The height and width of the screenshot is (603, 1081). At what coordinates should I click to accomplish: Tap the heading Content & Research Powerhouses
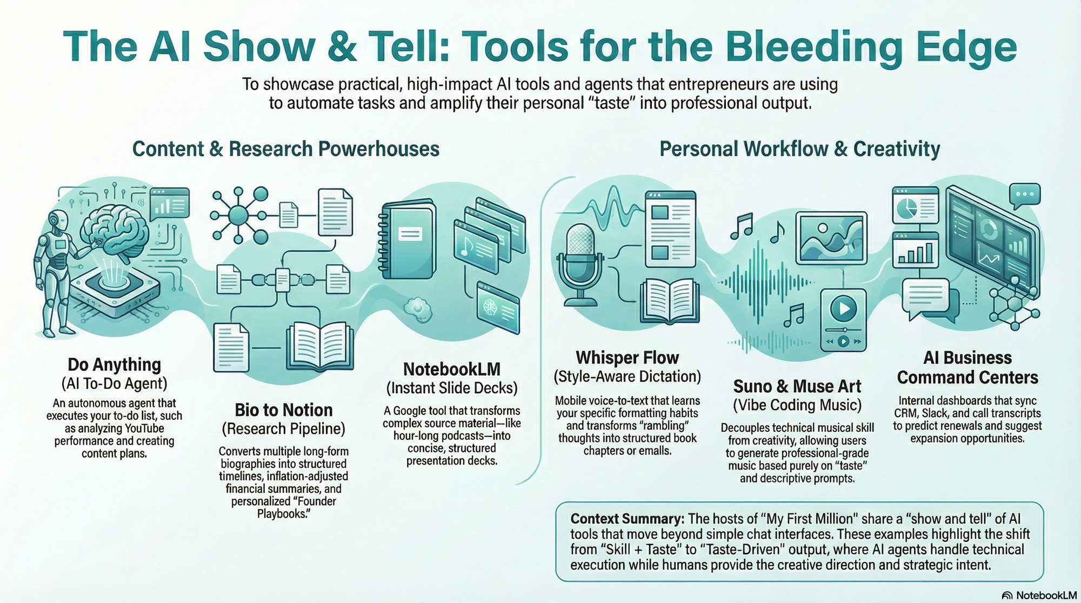pyautogui.click(x=286, y=149)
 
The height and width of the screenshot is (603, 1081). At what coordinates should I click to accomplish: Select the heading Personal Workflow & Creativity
pyautogui.click(x=799, y=149)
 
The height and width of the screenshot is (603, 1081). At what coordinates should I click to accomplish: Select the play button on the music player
pyautogui.click(x=843, y=309)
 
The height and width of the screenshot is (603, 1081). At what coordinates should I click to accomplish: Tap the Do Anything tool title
pyautogui.click(x=115, y=365)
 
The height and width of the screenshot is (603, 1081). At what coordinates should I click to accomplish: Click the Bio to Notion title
pyautogui.click(x=284, y=410)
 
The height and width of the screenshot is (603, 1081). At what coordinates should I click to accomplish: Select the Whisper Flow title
pyautogui.click(x=627, y=358)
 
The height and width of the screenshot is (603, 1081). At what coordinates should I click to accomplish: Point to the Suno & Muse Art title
pyautogui.click(x=797, y=386)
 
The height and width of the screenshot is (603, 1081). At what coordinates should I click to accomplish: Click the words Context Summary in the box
pyautogui.click(x=627, y=519)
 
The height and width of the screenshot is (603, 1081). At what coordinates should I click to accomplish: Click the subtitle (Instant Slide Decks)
pyautogui.click(x=452, y=388)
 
